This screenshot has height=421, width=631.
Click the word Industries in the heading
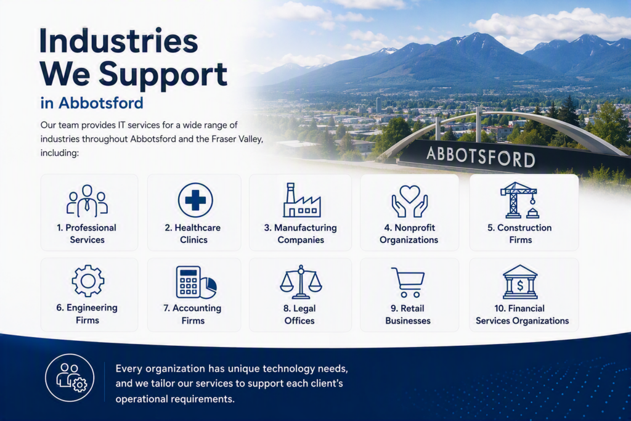[x=119, y=41]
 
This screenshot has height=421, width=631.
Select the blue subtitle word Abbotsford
[x=101, y=103]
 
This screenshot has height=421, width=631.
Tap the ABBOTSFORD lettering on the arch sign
[x=481, y=156]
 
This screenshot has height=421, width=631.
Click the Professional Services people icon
[x=88, y=200]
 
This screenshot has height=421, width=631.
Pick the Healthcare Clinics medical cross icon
[x=195, y=200]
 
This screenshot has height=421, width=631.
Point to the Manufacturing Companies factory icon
[x=302, y=200]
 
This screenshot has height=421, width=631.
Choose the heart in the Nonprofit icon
[x=410, y=194]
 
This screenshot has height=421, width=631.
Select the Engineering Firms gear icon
[x=88, y=281]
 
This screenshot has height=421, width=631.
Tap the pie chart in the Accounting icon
[x=209, y=287]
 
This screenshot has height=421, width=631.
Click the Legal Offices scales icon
[x=301, y=282]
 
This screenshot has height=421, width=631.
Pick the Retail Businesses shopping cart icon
[x=408, y=282]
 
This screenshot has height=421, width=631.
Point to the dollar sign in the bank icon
[x=520, y=286]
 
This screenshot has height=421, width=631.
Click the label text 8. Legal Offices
[x=299, y=314]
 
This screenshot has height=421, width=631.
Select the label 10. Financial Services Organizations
[x=522, y=314]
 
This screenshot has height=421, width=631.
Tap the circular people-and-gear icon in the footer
[x=70, y=377]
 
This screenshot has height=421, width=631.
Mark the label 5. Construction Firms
[x=520, y=234]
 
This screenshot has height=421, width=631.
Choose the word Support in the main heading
[x=163, y=75]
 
